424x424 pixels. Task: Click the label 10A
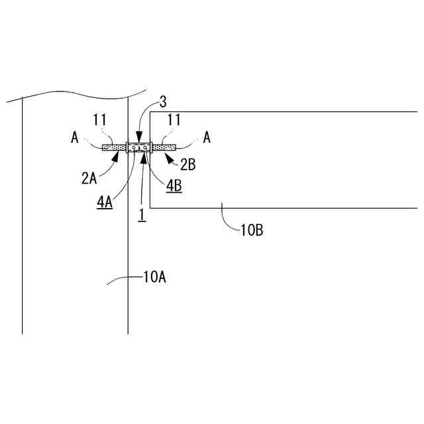pos(154,278)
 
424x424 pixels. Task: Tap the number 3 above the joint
pos(162,102)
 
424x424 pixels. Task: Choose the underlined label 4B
pos(174,187)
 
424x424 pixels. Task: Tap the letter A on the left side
pos(75,138)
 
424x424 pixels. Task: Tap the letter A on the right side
pos(207,138)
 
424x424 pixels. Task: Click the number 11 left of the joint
pos(99,120)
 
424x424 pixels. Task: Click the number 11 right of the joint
pos(174,120)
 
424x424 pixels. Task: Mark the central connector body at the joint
pos(140,148)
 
